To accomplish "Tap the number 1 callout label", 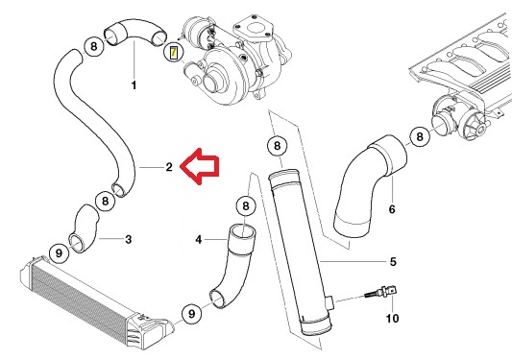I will point(134,86).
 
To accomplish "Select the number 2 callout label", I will point(168,167).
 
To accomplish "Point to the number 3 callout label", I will point(129,239).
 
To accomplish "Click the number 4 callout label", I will point(200,239).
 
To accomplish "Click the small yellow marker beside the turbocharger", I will point(173,52).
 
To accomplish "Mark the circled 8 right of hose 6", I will point(420,138).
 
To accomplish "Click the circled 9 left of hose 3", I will point(58,253).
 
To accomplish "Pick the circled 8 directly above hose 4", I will point(246,205).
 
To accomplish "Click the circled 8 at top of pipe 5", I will point(277,146).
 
